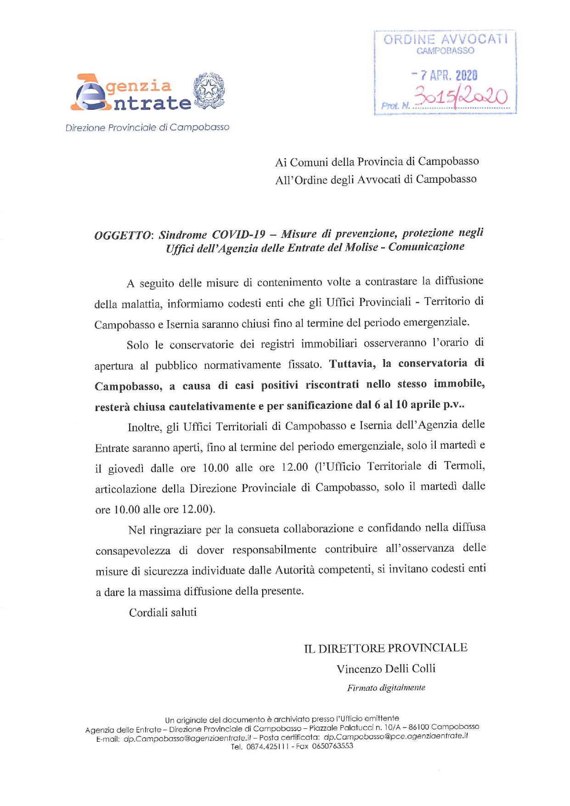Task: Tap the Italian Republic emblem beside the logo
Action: [209, 90]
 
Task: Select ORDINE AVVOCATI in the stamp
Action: [446, 39]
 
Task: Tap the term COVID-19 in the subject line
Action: [238, 235]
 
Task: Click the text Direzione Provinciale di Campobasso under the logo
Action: [147, 128]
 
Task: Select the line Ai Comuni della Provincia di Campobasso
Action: [377, 162]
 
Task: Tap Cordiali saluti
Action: [163, 613]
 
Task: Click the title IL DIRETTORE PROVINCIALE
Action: [385, 648]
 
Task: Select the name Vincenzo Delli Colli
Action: [386, 669]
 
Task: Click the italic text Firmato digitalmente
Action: [386, 688]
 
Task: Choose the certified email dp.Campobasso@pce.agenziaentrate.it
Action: [395, 736]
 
